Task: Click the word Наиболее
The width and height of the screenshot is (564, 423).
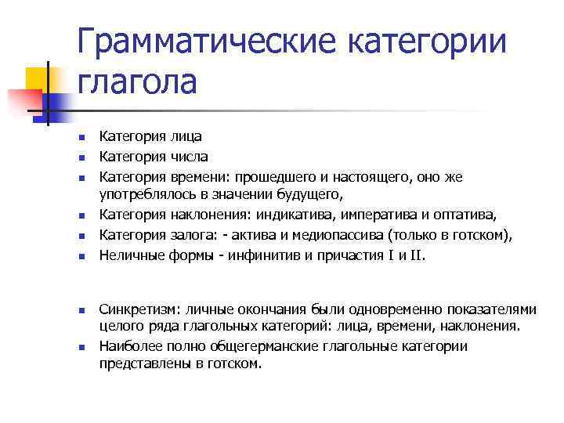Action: pyautogui.click(x=128, y=346)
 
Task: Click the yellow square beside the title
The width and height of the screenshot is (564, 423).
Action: pyautogui.click(x=38, y=78)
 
